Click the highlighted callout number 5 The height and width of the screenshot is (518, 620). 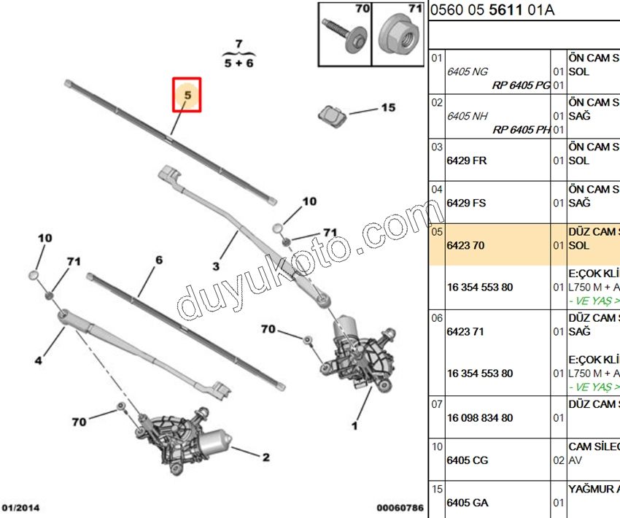tap(187, 95)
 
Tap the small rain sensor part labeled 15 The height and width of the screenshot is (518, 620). tap(331, 115)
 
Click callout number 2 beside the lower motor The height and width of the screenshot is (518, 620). tap(266, 457)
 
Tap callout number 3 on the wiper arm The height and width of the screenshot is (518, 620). tap(216, 267)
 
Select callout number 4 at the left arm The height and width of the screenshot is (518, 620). tap(37, 359)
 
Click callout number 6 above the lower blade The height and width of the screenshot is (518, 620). tap(158, 260)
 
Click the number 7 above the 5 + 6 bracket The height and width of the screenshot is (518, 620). tap(239, 45)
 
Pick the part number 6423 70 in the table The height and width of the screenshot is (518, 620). tap(465, 246)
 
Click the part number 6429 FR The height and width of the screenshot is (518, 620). tap(466, 161)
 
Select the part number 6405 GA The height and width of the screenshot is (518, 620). tap(467, 503)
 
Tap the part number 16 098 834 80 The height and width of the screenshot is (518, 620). tap(479, 418)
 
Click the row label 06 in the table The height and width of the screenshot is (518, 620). tap(435, 318)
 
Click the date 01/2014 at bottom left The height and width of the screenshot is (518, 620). tap(23, 507)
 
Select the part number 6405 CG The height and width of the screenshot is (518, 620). tap(467, 460)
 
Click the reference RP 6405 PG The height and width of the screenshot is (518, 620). tap(522, 85)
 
